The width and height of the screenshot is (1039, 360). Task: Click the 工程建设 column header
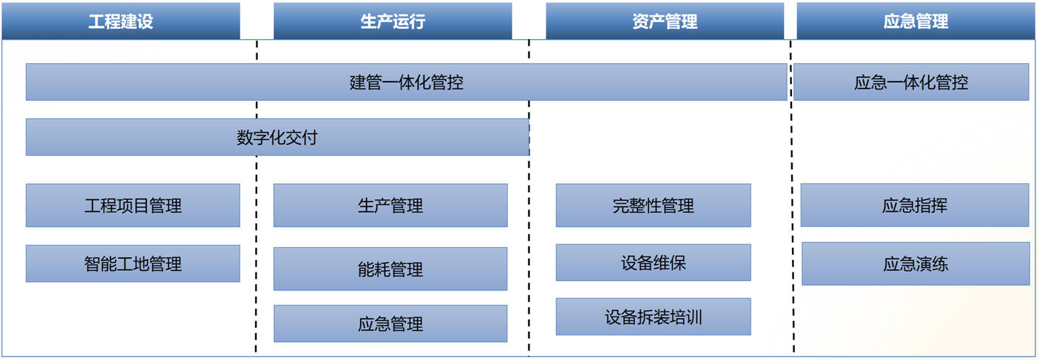pyautogui.click(x=120, y=21)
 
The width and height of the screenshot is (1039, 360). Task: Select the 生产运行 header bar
pyautogui.click(x=393, y=21)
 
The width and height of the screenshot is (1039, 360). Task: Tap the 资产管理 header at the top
pyautogui.click(x=664, y=21)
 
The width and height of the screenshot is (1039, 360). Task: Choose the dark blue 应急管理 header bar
pyautogui.click(x=916, y=21)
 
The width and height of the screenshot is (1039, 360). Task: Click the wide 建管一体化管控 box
pyautogui.click(x=406, y=82)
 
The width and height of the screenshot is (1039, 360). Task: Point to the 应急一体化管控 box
pyautogui.click(x=911, y=82)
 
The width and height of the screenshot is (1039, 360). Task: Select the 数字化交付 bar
pyautogui.click(x=278, y=137)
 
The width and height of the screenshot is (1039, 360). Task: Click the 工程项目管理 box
pyautogui.click(x=133, y=206)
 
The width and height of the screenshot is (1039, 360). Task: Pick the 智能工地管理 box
pyautogui.click(x=133, y=264)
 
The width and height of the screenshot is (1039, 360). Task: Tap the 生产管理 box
pyautogui.click(x=390, y=206)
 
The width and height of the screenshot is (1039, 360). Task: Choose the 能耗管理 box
pyautogui.click(x=390, y=269)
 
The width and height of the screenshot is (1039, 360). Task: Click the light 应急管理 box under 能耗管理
pyautogui.click(x=390, y=323)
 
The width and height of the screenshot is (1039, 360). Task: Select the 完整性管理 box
pyautogui.click(x=653, y=206)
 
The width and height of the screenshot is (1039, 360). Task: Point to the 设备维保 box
pyautogui.click(x=653, y=263)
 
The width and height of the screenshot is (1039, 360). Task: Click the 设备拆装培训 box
pyautogui.click(x=653, y=317)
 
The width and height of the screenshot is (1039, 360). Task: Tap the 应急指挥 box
pyautogui.click(x=914, y=205)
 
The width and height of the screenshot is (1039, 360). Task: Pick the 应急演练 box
pyautogui.click(x=916, y=264)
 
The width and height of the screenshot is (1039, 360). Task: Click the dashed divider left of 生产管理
pyautogui.click(x=256, y=197)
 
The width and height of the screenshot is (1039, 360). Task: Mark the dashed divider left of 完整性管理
pyautogui.click(x=529, y=197)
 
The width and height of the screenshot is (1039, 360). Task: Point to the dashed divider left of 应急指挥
pyautogui.click(x=792, y=197)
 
